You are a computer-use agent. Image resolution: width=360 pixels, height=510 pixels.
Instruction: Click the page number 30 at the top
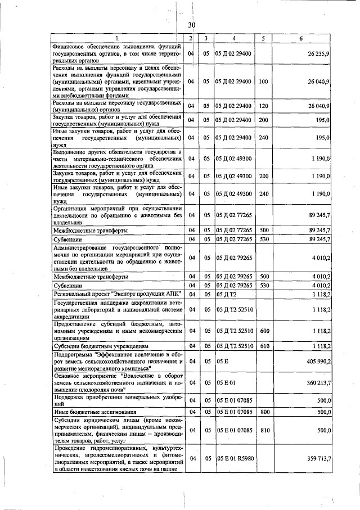(x=191, y=25)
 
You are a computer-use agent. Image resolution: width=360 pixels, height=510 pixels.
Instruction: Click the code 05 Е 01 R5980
(x=235, y=459)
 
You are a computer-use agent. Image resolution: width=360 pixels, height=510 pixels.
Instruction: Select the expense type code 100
(x=263, y=81)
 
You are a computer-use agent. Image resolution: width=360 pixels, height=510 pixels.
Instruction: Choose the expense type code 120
(x=263, y=105)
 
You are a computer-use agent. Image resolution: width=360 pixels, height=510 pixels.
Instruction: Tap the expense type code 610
(x=263, y=346)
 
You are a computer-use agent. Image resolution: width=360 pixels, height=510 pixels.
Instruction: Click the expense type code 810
(x=263, y=430)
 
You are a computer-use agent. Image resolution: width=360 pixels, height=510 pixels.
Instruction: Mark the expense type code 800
(x=263, y=412)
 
